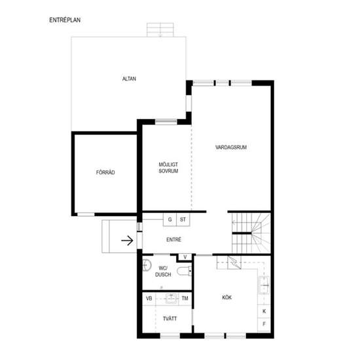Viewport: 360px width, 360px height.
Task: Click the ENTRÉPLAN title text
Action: point(65,20)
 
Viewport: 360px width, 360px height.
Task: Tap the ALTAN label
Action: point(129,79)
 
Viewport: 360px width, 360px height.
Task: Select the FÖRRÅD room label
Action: point(105,172)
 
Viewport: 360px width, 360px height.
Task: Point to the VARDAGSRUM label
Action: point(231,147)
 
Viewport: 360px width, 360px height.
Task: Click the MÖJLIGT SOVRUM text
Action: point(168,168)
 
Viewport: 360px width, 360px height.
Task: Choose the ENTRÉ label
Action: point(174,240)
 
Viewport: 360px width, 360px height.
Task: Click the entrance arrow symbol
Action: point(127,241)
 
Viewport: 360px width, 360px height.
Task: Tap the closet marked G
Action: point(170,219)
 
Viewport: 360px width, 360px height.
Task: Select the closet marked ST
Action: point(183,219)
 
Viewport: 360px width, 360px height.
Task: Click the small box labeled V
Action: point(185,257)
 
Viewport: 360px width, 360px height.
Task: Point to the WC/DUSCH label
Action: point(163,271)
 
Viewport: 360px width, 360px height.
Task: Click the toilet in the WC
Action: point(185,271)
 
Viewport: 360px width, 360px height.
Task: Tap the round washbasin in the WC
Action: point(147,265)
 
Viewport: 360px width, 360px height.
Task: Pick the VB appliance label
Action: point(149,298)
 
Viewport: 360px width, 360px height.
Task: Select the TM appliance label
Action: point(185,298)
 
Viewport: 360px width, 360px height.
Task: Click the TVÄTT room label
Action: point(170,319)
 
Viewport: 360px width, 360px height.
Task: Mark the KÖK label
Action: point(227,298)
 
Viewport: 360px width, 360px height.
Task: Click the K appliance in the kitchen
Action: point(264,312)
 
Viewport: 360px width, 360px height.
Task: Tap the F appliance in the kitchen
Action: point(264,324)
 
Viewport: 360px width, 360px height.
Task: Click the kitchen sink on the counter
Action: point(264,285)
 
